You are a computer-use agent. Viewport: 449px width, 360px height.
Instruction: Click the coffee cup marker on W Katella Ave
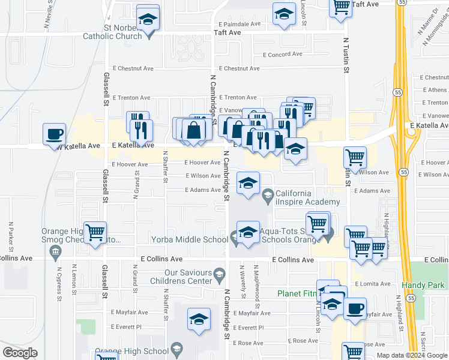(x=54, y=133)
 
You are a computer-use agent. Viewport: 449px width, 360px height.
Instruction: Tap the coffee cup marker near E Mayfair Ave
(x=354, y=308)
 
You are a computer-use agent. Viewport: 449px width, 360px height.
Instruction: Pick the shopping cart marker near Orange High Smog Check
(x=95, y=232)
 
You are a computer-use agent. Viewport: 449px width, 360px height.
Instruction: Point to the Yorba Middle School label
(x=199, y=239)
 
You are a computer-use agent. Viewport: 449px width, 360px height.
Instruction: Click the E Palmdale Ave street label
(x=240, y=24)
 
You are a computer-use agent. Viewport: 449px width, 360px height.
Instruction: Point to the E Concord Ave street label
(x=283, y=54)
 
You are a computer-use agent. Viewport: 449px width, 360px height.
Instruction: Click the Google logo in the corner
(x=20, y=353)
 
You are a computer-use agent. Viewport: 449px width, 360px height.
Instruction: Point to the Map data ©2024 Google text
(x=412, y=355)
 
